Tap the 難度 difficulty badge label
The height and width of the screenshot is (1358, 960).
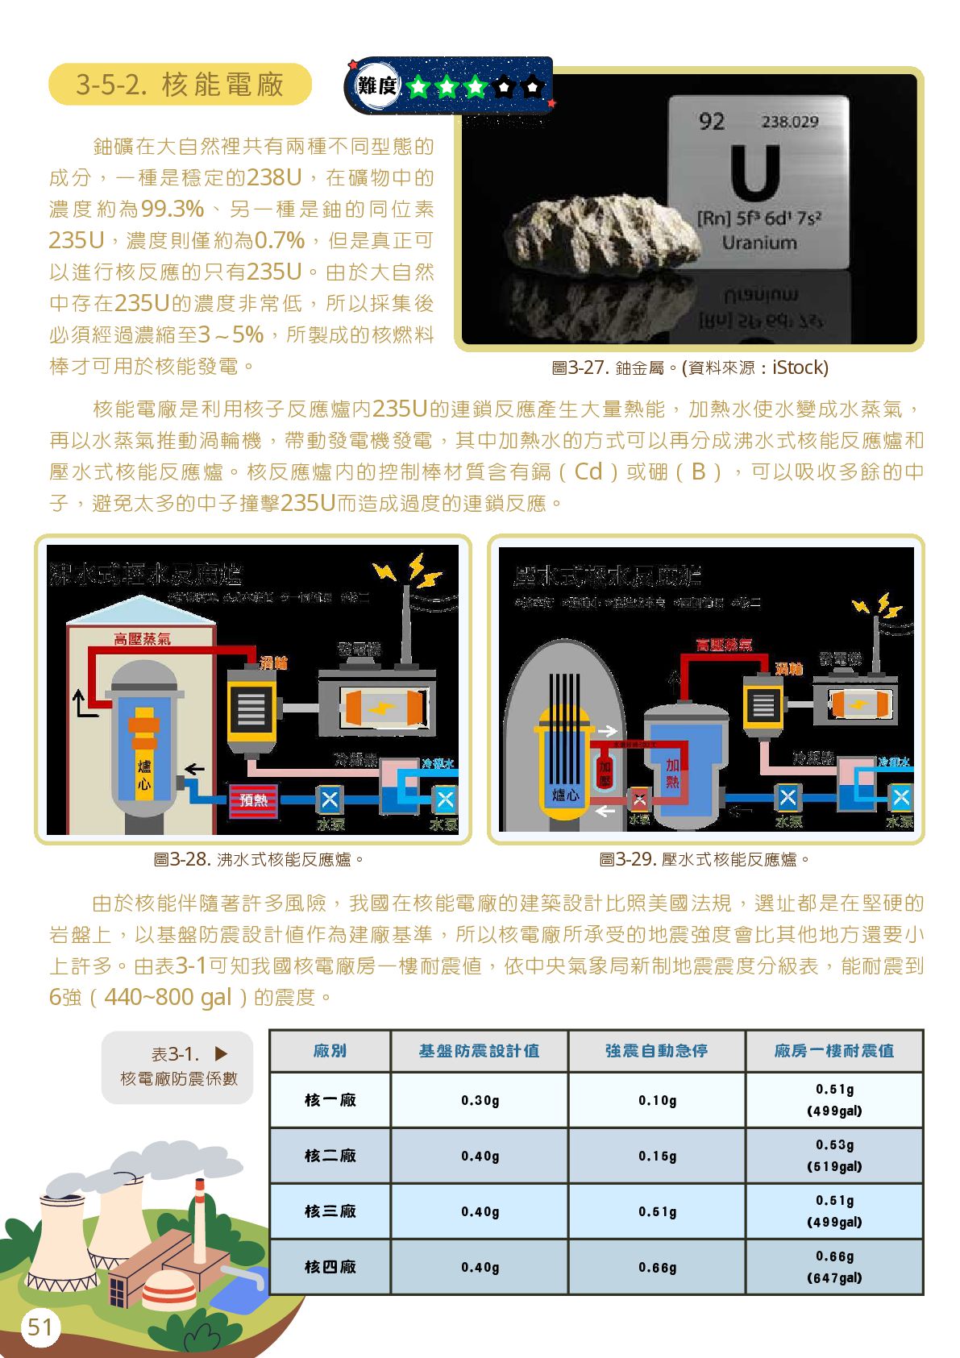[x=377, y=85]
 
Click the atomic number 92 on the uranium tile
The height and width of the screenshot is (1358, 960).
[x=712, y=122]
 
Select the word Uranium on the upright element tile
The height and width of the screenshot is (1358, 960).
[x=758, y=243]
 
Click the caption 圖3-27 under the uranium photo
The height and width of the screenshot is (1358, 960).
[x=689, y=368]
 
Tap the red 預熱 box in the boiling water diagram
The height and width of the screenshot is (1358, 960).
[x=253, y=800]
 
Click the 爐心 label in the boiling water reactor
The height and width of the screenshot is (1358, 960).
[x=144, y=774]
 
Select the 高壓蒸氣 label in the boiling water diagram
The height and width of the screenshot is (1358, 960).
[x=142, y=639]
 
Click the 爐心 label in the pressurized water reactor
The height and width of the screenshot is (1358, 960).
[x=565, y=795]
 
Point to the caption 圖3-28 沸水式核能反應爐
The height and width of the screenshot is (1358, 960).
[x=259, y=860]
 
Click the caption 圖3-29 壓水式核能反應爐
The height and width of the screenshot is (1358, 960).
[x=704, y=860]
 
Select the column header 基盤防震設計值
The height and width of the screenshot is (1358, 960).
[x=479, y=1051]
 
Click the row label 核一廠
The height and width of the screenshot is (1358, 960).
[x=330, y=1100]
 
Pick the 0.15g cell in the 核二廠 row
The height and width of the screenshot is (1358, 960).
[x=657, y=1156]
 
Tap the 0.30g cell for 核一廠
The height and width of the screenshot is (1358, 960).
[x=480, y=1100]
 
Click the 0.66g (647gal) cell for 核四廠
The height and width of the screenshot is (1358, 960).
[x=834, y=1267]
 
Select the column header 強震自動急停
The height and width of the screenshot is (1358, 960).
[x=656, y=1051]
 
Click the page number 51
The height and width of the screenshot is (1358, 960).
[x=39, y=1327]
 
